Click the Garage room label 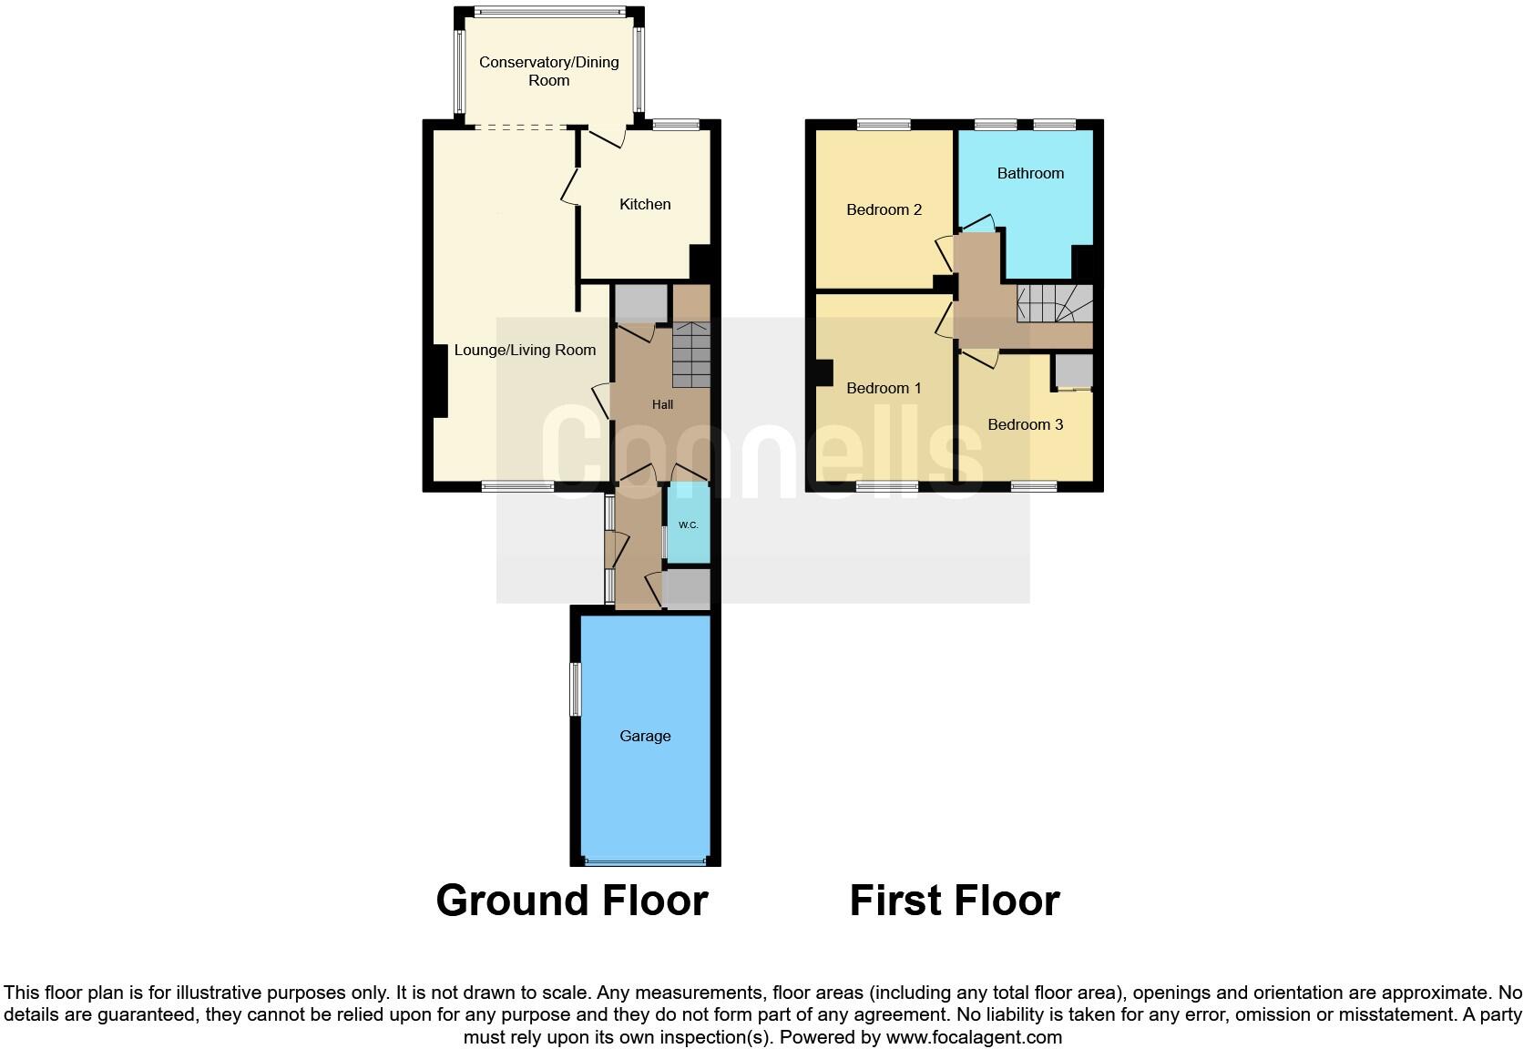[x=645, y=736]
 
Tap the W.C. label [x=688, y=525]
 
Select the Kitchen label [x=645, y=204]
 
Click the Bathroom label [x=1030, y=173]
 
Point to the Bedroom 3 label [x=1025, y=424]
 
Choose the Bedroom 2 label [x=884, y=209]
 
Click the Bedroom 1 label [x=884, y=388]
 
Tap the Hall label [x=662, y=404]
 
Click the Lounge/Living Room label [x=525, y=350]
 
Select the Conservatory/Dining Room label [x=548, y=71]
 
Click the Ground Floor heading [x=571, y=901]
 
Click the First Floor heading [x=954, y=901]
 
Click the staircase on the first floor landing [x=1055, y=303]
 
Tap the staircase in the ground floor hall [x=691, y=355]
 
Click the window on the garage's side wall [x=575, y=689]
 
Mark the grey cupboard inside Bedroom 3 [x=1074, y=372]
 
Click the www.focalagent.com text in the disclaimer [x=974, y=1037]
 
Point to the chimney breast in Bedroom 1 [x=823, y=373]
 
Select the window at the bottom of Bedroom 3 [x=1034, y=487]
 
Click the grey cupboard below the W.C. [x=687, y=589]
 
